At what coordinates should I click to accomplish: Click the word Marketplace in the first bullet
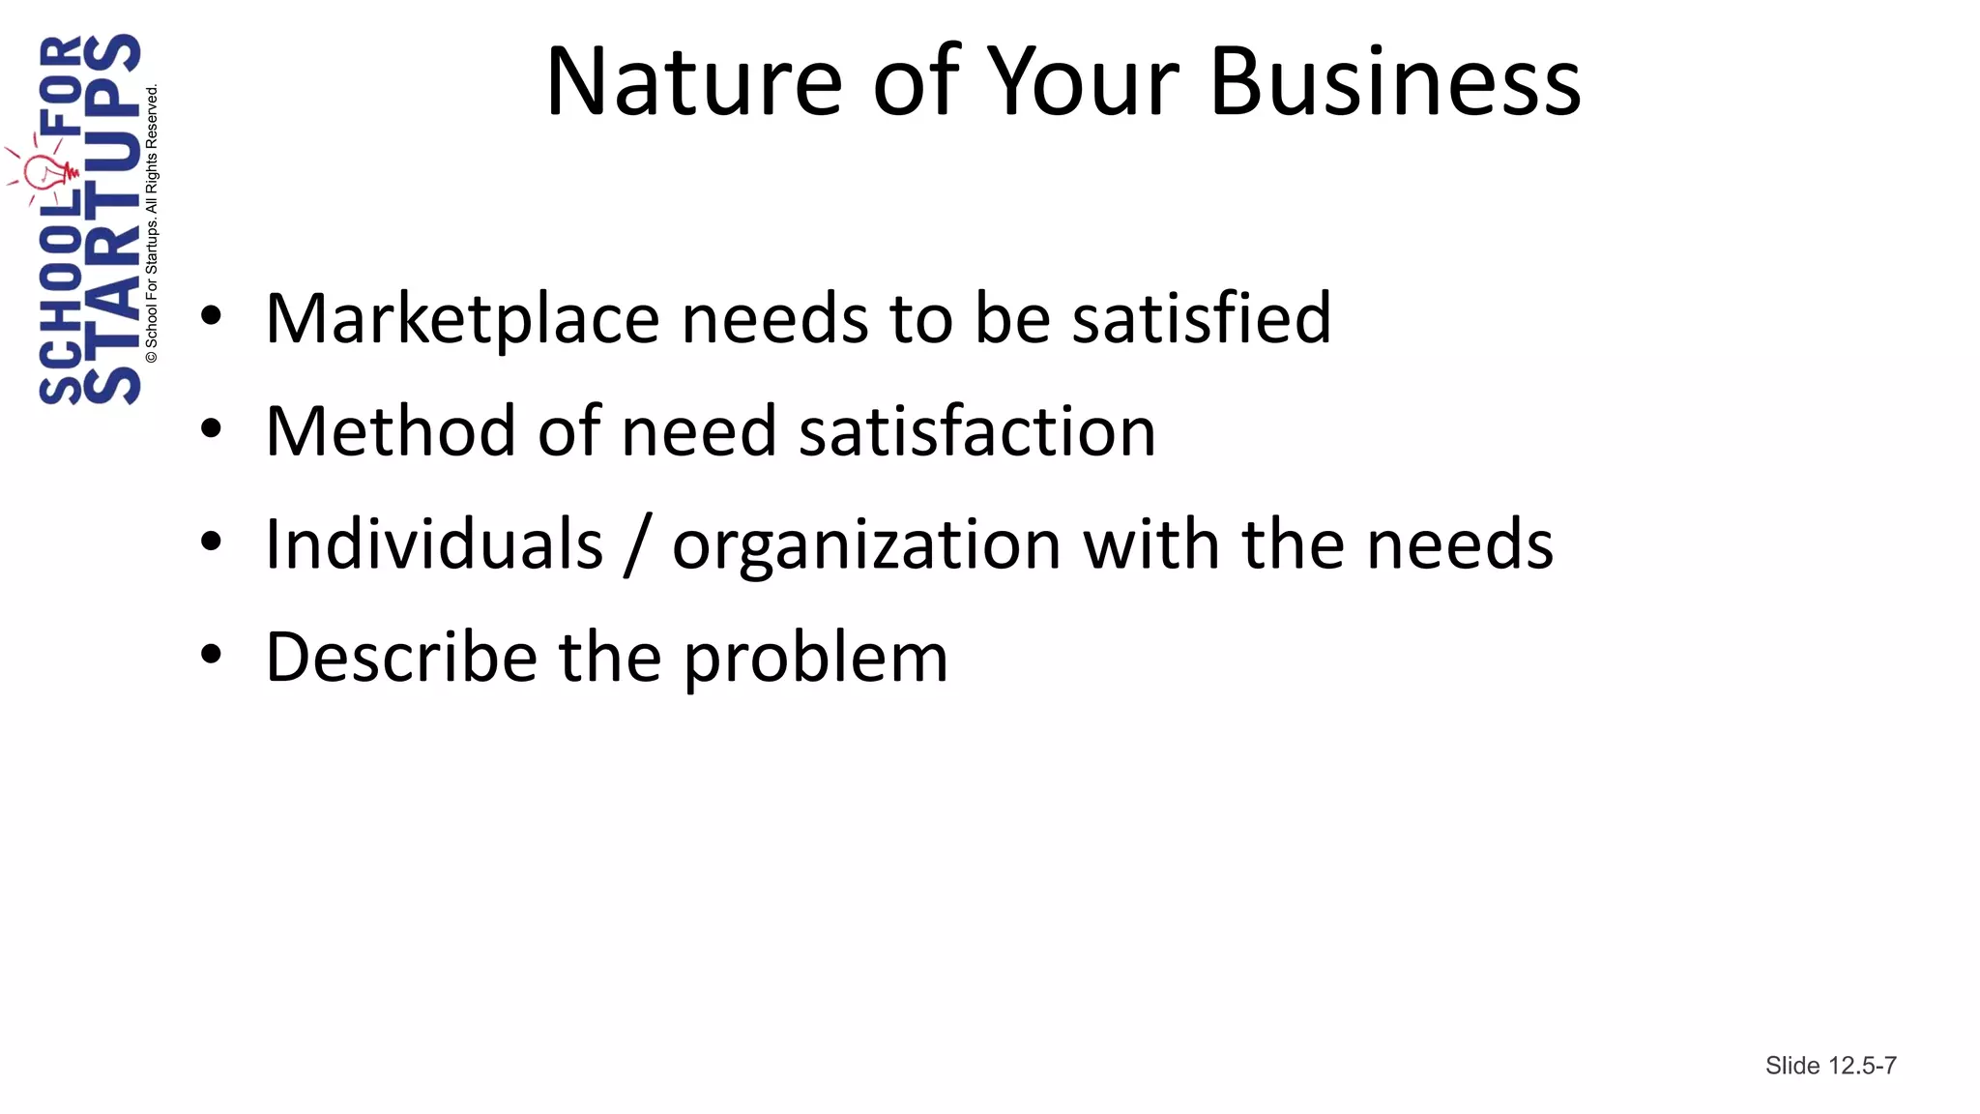pyautogui.click(x=462, y=319)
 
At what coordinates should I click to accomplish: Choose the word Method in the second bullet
pyautogui.click(x=390, y=431)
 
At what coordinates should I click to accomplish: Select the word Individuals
pyautogui.click(x=434, y=543)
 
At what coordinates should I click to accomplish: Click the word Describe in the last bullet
pyautogui.click(x=401, y=657)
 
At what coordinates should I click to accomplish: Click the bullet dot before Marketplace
pyautogui.click(x=211, y=315)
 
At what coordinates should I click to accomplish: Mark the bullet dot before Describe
pyautogui.click(x=211, y=655)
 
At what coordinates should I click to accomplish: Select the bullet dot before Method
pyautogui.click(x=211, y=428)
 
